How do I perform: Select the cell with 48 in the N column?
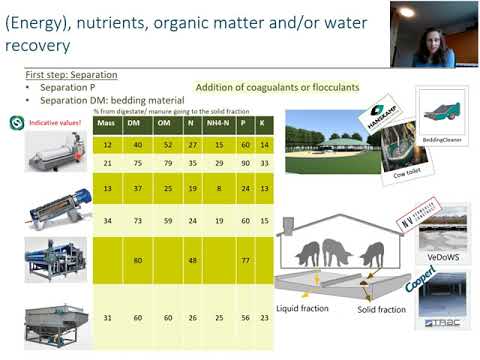click(190, 261)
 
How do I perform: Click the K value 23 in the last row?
click(264, 319)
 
